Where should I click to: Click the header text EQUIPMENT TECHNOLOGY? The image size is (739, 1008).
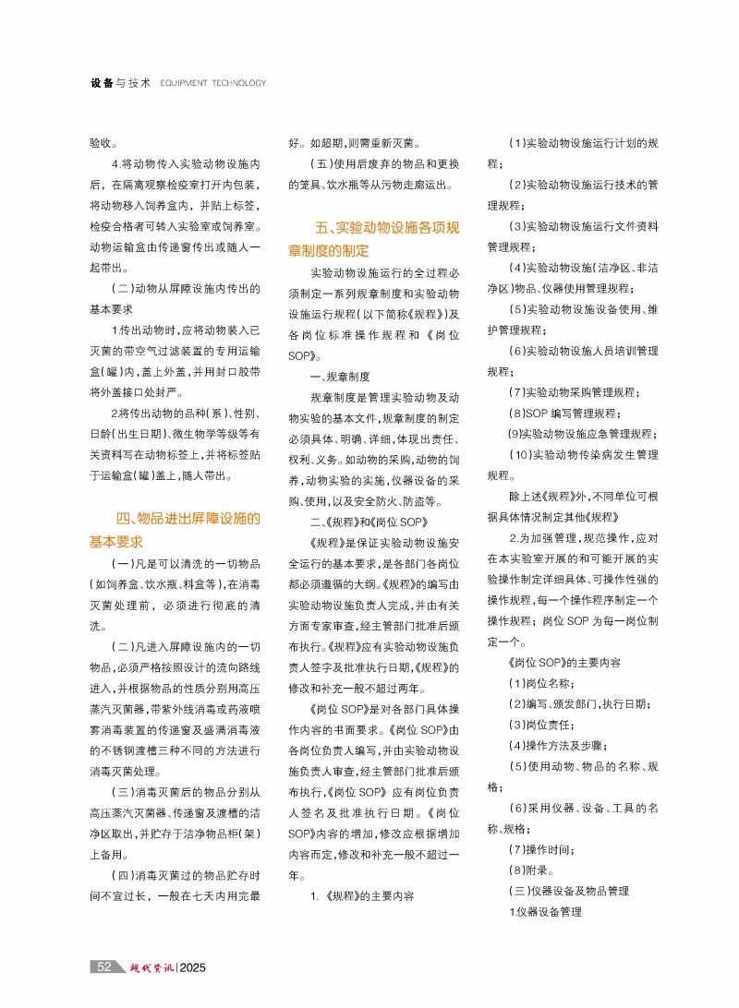click(x=212, y=83)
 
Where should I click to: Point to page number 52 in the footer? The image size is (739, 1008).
click(x=104, y=967)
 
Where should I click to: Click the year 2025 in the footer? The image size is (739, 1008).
click(x=198, y=967)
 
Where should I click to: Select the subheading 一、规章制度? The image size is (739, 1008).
click(x=340, y=376)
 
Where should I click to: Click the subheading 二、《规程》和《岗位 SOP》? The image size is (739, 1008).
click(x=366, y=522)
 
